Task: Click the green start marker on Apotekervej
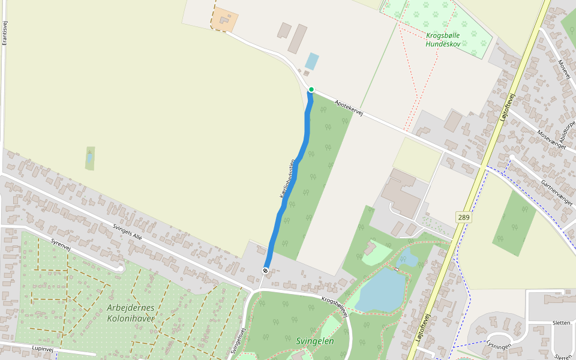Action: (x=311, y=89)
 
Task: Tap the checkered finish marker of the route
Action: (x=265, y=271)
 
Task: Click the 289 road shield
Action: (x=463, y=217)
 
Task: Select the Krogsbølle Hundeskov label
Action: (x=443, y=40)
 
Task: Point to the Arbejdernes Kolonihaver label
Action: (x=131, y=313)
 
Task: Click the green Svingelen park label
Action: (x=314, y=341)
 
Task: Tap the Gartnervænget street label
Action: (x=556, y=193)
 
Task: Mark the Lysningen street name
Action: (x=499, y=346)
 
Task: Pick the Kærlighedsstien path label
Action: (x=287, y=179)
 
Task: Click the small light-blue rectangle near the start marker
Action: (x=311, y=61)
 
